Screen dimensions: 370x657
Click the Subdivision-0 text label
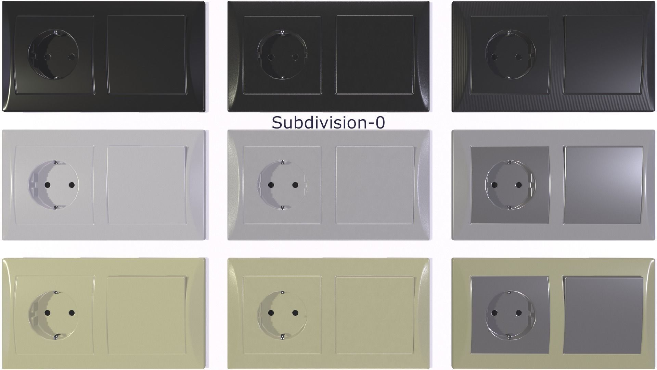click(x=328, y=123)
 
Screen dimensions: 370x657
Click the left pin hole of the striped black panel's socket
click(x=494, y=57)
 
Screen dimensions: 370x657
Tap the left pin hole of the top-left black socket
click(x=47, y=57)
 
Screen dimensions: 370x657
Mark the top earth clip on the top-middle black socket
click(x=283, y=33)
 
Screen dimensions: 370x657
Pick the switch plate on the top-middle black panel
click(x=375, y=55)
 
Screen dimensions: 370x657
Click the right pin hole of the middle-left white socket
click(x=72, y=185)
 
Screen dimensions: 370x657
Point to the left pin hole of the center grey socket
click(x=271, y=185)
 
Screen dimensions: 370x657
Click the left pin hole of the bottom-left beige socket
click(x=47, y=313)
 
